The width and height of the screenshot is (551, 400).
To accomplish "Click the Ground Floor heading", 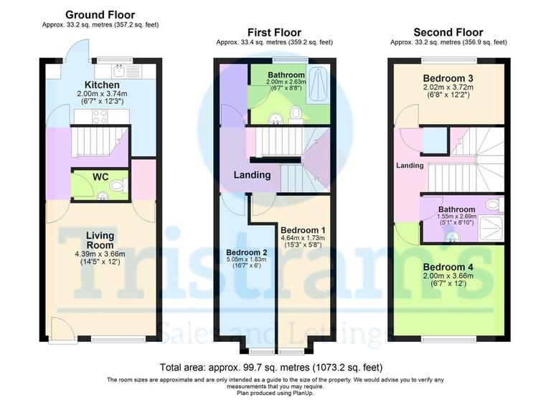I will click(100, 15).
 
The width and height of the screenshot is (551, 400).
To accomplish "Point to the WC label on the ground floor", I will click(100, 176).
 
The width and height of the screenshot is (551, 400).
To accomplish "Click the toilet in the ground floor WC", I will click(119, 186).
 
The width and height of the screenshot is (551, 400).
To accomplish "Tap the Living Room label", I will click(100, 240).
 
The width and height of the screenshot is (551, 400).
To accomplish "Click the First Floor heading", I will click(274, 32).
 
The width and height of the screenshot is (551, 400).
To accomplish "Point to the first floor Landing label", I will click(252, 175).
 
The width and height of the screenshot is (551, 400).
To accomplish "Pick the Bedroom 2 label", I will click(246, 252).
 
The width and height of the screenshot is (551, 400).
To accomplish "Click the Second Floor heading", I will click(448, 32).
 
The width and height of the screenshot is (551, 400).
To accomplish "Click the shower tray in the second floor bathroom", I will click(491, 229).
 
